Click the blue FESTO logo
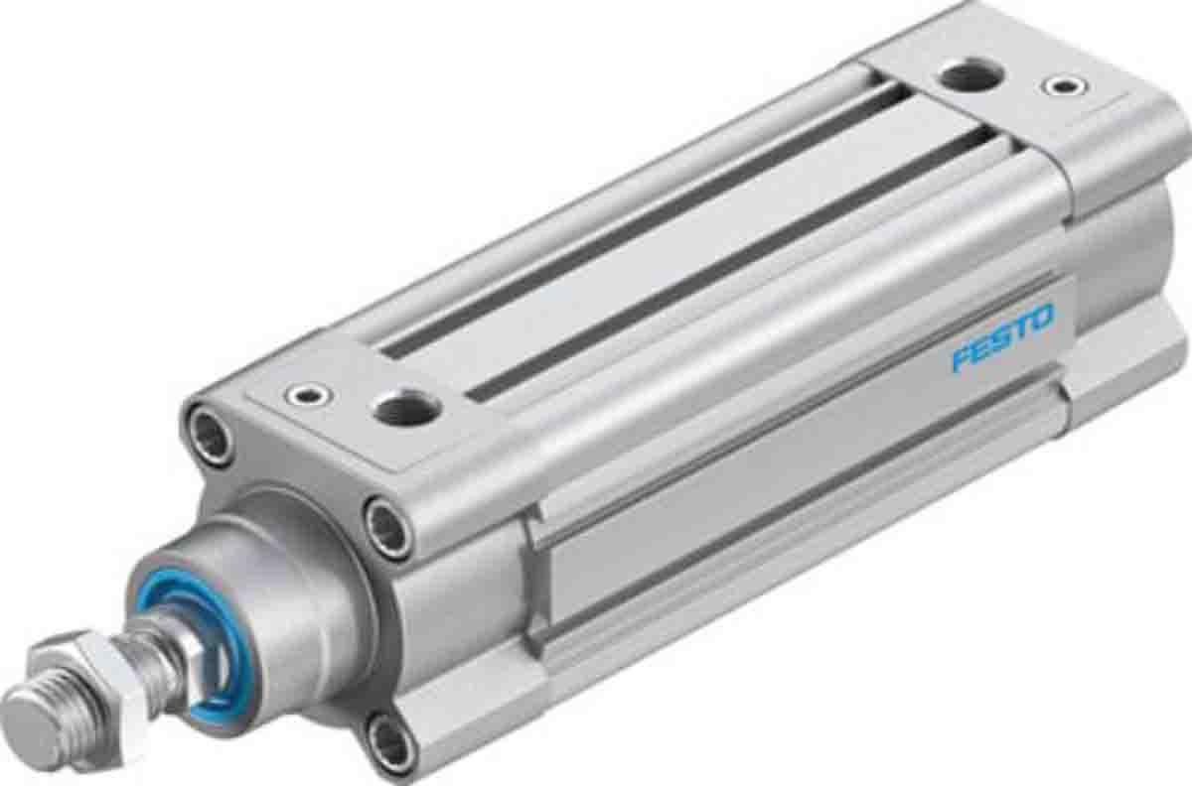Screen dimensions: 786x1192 pos(1002,340)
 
